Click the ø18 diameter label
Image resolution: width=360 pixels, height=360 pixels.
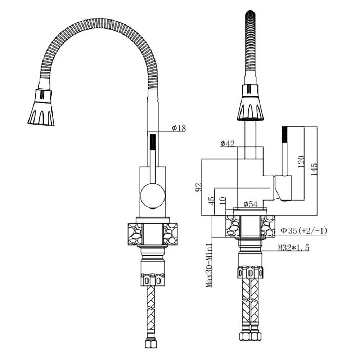coord(179,128)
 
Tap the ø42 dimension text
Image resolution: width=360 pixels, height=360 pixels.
coord(228,144)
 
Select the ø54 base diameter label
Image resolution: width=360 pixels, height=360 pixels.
coord(251,204)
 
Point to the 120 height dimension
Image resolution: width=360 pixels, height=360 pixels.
coord(301,162)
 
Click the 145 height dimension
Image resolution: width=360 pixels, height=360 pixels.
coord(314,170)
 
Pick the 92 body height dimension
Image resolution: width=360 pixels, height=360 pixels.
coord(198,187)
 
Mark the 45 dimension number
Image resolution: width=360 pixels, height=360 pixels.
coord(211,201)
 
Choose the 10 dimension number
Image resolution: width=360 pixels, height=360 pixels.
coord(223,201)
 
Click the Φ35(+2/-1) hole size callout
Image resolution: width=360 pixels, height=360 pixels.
coord(304,230)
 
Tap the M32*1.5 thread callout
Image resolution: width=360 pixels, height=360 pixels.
coord(294,248)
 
